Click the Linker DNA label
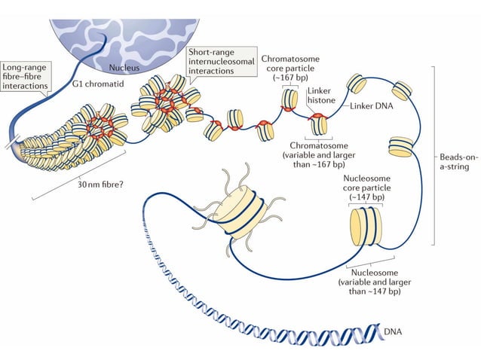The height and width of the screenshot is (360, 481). [372, 106]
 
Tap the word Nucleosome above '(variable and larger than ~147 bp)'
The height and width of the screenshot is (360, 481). [368, 273]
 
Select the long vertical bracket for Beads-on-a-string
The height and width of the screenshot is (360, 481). [436, 154]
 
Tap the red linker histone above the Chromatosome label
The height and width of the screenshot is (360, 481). [317, 116]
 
